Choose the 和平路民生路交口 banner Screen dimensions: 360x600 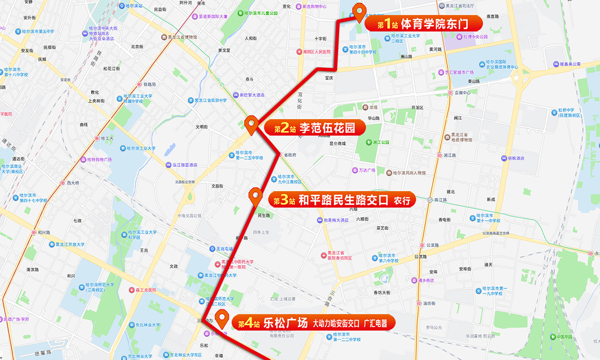pos(342,200)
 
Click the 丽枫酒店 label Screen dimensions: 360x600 pos(513,158)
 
